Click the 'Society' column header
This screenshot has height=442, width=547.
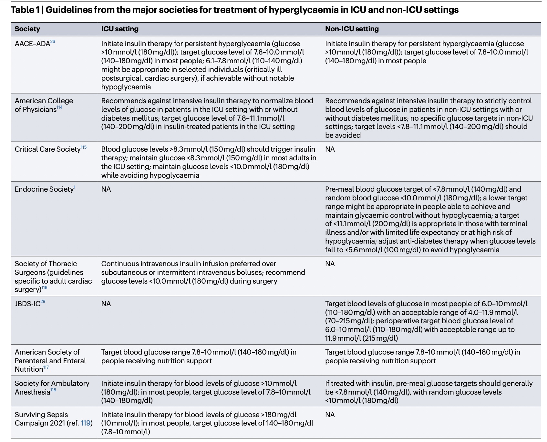point(27,29)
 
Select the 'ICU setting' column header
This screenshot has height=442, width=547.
point(120,29)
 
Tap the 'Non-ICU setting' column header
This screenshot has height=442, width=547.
point(352,29)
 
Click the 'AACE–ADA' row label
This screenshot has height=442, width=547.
point(32,44)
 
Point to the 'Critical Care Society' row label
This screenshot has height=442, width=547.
point(47,149)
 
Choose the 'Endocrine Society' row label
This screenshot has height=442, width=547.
point(44,189)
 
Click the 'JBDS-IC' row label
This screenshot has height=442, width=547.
point(27,304)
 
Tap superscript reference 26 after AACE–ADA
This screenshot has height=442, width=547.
point(53,42)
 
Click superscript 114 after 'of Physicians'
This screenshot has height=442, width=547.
point(59,107)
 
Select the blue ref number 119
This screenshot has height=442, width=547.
point(86,423)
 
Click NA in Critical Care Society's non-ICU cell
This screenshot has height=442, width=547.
point(330,149)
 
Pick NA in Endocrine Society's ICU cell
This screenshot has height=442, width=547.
point(106,189)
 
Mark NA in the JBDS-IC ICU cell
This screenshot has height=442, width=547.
point(106,304)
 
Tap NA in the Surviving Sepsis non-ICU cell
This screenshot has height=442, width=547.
point(330,415)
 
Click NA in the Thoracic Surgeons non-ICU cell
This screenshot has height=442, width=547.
point(330,264)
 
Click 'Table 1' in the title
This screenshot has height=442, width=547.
point(23,10)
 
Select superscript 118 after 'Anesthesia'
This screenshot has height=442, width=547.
point(53,390)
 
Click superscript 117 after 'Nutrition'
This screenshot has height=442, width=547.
point(46,367)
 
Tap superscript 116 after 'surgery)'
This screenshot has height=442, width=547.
point(44,287)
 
